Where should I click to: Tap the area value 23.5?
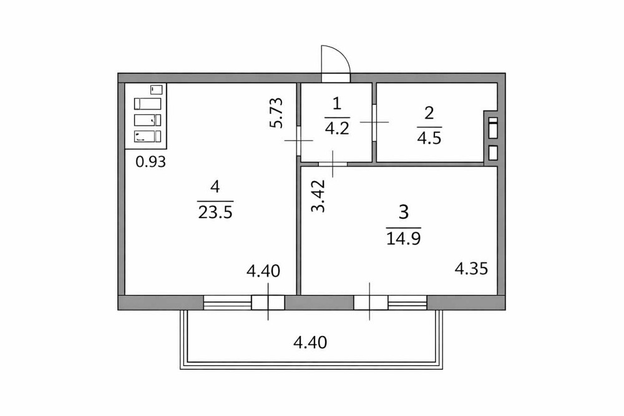215,212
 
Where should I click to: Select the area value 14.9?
403,238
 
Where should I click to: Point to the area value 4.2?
337,129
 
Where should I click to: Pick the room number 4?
215,186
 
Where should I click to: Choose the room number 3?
403,212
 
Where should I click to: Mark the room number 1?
337,104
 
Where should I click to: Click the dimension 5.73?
277,113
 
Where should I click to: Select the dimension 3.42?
319,196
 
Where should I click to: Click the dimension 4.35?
470,269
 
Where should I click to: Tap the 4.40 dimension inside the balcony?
310,342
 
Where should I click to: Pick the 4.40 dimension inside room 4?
263,271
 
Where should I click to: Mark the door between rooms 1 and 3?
333,164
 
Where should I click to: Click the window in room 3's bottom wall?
391,303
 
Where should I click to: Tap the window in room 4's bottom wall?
244,303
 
